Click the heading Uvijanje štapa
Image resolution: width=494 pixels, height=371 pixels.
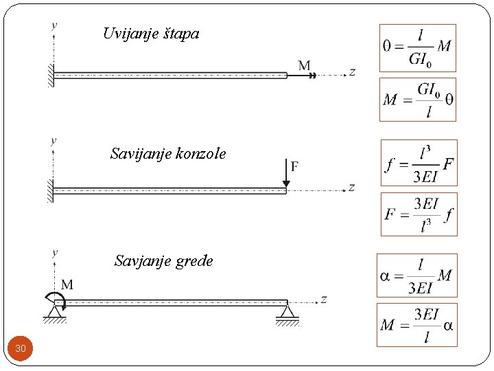coord(151,33)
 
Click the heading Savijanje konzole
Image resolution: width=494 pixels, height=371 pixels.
coord(168,153)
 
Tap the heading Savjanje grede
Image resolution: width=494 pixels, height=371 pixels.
coord(164,261)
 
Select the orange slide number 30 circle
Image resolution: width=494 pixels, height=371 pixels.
coord(21,349)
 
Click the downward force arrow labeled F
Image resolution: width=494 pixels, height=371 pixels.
coord(286,174)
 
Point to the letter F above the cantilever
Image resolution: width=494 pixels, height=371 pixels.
coord(294,166)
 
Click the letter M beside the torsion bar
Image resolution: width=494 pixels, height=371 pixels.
coord(305,66)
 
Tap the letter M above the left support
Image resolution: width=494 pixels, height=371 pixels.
coord(67,284)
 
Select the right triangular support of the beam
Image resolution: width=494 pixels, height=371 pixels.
coord(287,314)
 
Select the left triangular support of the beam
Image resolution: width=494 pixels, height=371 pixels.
coord(54,314)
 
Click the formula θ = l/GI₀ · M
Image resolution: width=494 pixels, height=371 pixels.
coord(417,48)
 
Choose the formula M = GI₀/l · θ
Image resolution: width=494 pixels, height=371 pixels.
coord(417,100)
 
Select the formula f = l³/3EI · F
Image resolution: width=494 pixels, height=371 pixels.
coord(419,163)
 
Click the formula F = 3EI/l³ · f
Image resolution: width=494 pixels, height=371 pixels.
coord(419,214)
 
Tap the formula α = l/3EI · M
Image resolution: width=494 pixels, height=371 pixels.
coord(416,276)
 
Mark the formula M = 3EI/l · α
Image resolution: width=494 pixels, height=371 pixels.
coord(416,324)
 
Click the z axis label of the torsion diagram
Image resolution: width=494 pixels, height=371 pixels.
coord(352,72)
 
